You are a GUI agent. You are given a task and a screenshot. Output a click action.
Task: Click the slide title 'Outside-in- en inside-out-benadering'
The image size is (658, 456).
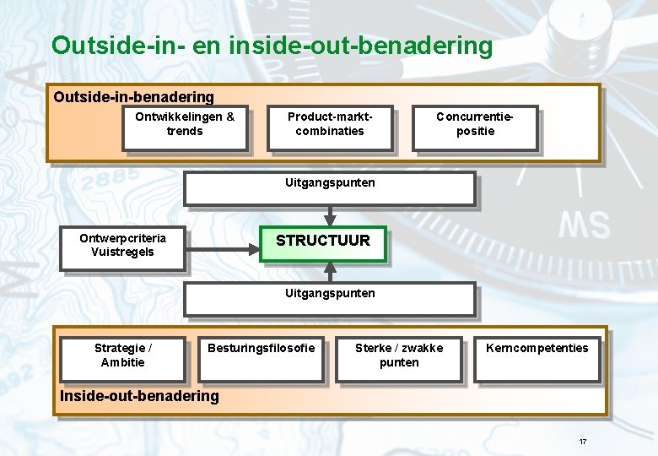(x=272, y=45)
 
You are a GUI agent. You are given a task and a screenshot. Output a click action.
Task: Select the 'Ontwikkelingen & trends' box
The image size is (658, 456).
(x=185, y=128)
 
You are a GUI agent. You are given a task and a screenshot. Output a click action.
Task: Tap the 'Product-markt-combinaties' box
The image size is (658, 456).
(x=330, y=128)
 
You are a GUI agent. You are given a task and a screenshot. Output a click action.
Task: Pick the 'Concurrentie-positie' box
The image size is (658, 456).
(x=474, y=128)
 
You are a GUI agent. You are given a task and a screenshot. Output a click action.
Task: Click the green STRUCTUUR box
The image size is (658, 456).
(x=322, y=243)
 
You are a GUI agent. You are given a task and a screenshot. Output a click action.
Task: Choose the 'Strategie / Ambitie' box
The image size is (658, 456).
(x=122, y=359)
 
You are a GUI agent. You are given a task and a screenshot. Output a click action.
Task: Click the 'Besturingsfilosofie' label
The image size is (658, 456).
(x=261, y=348)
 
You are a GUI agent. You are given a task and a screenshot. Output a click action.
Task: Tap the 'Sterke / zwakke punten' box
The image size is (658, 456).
(x=398, y=359)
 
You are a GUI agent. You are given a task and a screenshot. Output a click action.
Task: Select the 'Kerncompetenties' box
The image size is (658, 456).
(x=537, y=359)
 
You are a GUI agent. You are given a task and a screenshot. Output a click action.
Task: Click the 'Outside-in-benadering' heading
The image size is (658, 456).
(x=134, y=98)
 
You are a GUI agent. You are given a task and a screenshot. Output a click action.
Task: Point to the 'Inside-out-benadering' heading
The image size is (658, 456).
(x=139, y=396)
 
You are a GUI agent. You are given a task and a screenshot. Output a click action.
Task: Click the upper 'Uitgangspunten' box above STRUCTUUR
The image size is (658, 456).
(x=330, y=189)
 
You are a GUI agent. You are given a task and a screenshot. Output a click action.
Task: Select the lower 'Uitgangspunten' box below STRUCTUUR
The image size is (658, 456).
(x=330, y=299)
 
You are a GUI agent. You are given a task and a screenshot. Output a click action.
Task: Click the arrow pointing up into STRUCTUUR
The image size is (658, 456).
(x=331, y=271)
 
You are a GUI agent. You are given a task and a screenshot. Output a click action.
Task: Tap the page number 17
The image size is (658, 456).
(x=582, y=442)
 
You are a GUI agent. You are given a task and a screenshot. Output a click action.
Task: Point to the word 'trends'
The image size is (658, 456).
(x=185, y=131)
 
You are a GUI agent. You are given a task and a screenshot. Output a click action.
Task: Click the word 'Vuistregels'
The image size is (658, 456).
(x=122, y=252)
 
